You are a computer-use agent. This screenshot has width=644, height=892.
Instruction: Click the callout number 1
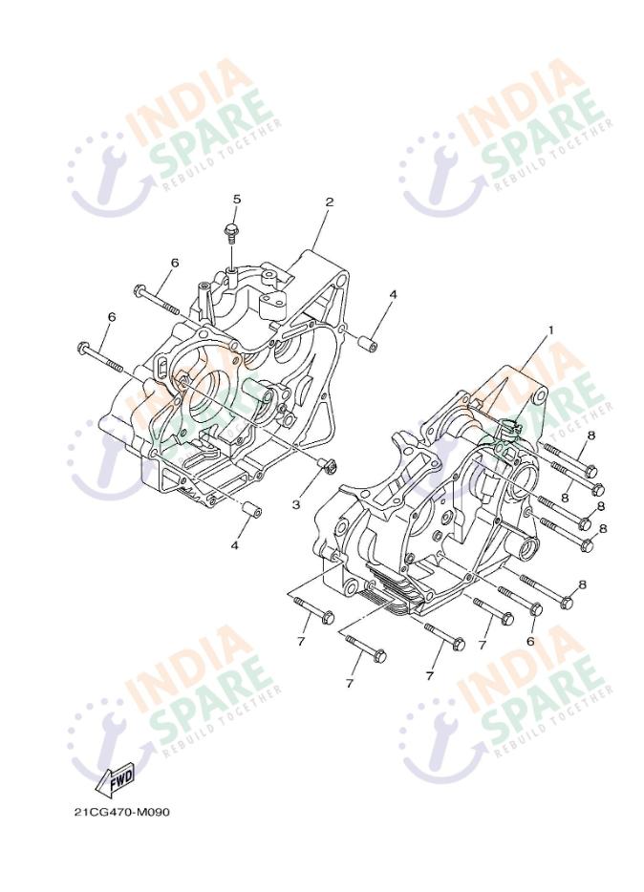(x=550, y=329)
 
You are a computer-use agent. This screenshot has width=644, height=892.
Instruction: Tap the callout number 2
(x=330, y=202)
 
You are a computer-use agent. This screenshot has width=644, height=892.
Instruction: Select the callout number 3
(x=296, y=504)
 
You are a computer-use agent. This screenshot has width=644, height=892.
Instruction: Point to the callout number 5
(x=237, y=199)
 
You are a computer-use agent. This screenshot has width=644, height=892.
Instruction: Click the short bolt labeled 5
(x=231, y=233)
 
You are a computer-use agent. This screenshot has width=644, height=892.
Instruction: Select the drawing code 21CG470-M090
(x=121, y=811)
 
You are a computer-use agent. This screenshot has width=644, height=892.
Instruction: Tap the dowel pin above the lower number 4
(x=251, y=509)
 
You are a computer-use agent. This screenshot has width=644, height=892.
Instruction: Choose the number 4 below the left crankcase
(x=234, y=545)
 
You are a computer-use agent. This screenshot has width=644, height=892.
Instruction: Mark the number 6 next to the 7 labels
(x=530, y=641)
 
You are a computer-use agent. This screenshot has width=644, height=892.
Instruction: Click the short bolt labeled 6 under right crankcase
(x=520, y=600)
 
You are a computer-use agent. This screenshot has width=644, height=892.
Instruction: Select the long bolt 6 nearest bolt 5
(x=157, y=300)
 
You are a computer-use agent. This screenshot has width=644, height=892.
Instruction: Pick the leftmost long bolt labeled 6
(x=98, y=356)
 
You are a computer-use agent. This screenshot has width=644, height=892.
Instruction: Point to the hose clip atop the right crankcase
(x=511, y=428)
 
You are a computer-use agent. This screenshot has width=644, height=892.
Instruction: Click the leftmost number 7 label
(x=301, y=641)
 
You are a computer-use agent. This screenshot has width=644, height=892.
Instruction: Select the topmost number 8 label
(x=591, y=435)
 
